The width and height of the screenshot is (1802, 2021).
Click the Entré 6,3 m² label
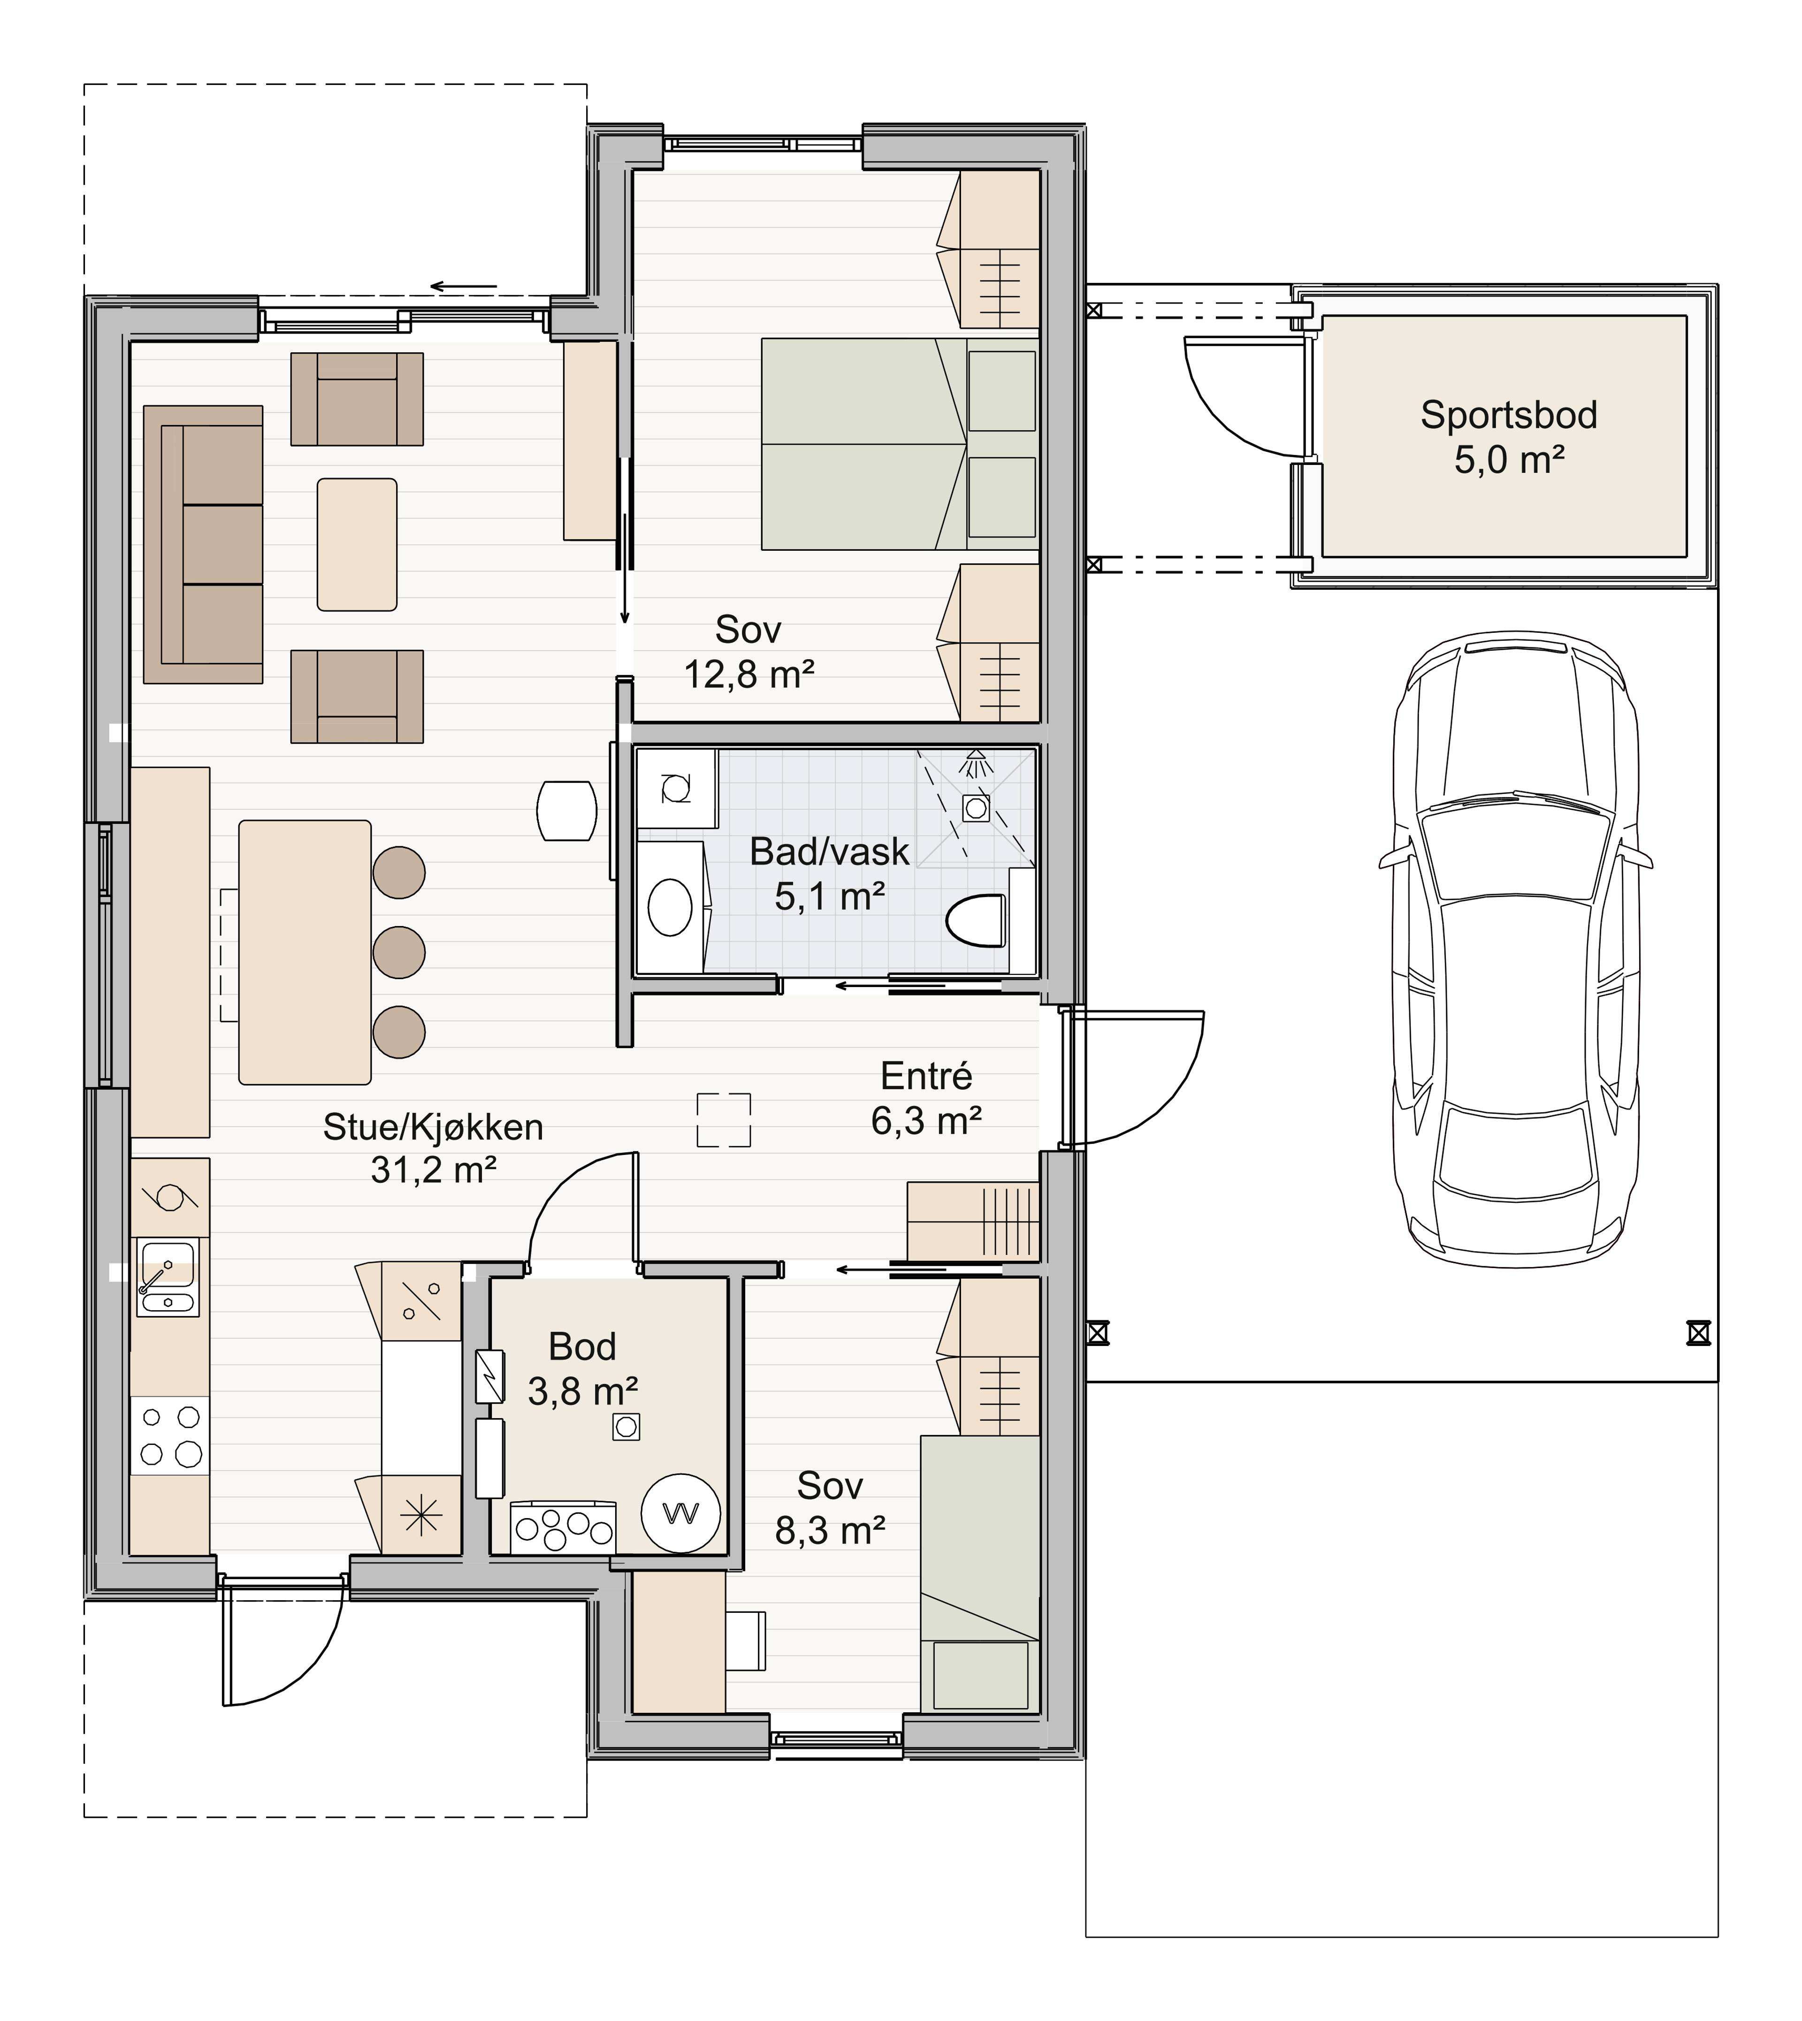coord(927,1099)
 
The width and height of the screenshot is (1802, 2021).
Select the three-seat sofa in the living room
coord(203,544)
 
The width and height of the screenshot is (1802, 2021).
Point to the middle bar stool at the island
coord(399,952)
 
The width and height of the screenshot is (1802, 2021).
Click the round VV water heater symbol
coord(680,1513)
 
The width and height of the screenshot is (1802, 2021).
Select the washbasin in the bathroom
coord(670,906)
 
